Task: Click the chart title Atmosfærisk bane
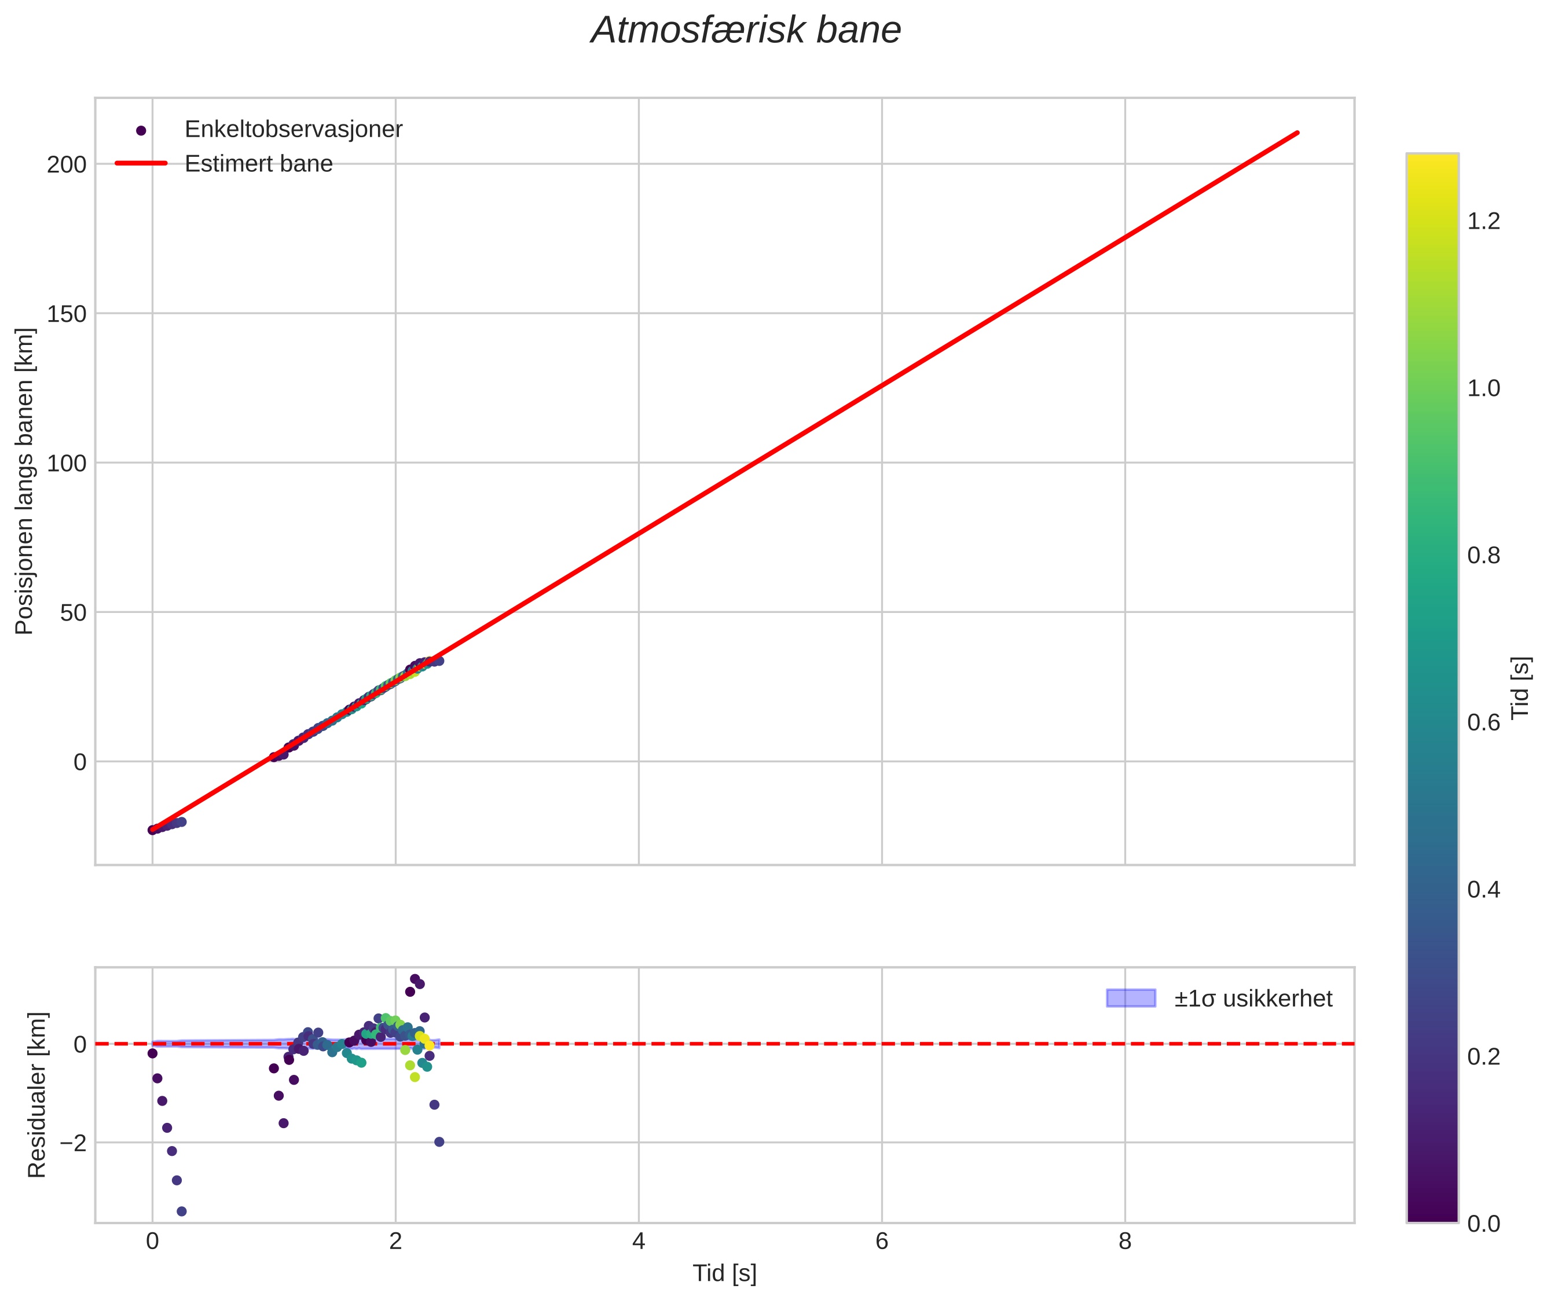(x=746, y=31)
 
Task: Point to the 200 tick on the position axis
(x=67, y=164)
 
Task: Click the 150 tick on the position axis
(x=67, y=314)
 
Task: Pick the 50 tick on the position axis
(x=73, y=612)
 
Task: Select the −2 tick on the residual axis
(x=73, y=1143)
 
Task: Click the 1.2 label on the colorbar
(x=1483, y=221)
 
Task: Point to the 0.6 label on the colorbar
(x=1483, y=722)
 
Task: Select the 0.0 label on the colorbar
(x=1483, y=1224)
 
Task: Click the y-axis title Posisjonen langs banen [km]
(x=24, y=480)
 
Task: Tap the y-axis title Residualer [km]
(x=37, y=1095)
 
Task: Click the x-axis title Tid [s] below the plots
(x=724, y=1273)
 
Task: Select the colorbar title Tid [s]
(x=1520, y=688)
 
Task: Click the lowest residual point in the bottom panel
(x=181, y=1211)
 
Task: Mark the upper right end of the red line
(x=1297, y=133)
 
